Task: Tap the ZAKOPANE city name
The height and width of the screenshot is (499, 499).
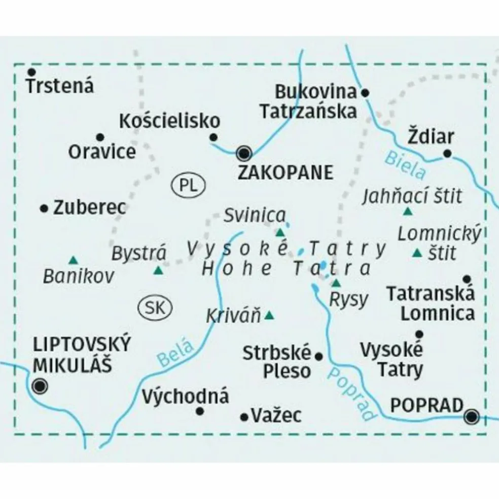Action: (x=286, y=172)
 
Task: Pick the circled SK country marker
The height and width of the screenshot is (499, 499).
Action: (x=155, y=307)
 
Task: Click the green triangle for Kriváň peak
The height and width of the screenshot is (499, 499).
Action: (x=269, y=315)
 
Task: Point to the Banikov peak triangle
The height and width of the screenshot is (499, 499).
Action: (x=74, y=260)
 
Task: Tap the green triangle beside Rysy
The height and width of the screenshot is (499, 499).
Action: (x=336, y=282)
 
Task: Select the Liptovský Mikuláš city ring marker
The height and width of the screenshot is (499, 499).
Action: (x=39, y=387)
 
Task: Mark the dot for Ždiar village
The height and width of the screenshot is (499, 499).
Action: (x=447, y=153)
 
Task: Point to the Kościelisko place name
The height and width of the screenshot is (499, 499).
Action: (x=170, y=121)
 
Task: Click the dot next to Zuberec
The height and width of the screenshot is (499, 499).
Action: (x=44, y=207)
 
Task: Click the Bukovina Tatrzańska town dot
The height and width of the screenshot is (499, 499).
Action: (x=365, y=93)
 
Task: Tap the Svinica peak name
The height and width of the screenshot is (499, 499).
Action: (x=255, y=216)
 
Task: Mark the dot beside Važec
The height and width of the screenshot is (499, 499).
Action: (x=244, y=417)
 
